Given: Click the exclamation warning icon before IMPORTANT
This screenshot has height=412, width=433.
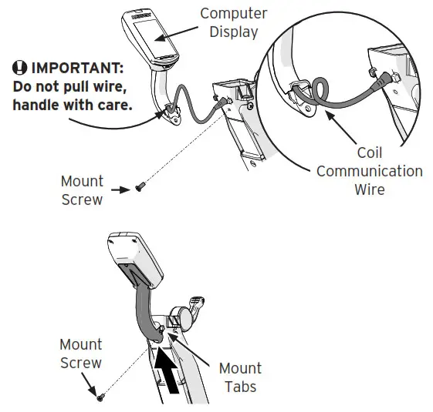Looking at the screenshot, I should coord(21,67).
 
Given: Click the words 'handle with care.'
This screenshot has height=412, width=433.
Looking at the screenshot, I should coord(73,102).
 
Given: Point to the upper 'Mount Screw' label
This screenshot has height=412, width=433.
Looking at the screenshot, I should coord(82,190).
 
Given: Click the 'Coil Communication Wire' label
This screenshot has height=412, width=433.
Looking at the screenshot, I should coord(369,171).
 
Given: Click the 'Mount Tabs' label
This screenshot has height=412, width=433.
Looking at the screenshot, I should coord(240,377).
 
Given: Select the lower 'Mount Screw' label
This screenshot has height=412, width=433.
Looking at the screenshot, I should coord(80,353).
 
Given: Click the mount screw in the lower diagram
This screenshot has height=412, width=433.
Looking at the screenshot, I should coord(100,396).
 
